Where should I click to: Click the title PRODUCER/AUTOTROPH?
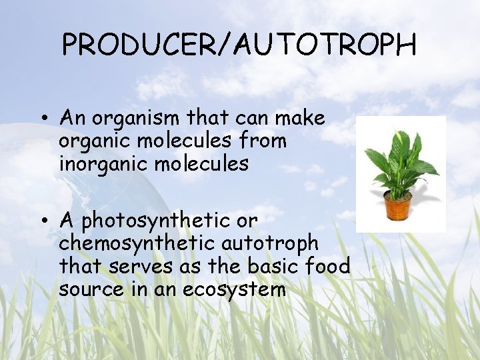(x=239, y=45)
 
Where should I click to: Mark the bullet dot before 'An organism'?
(x=43, y=120)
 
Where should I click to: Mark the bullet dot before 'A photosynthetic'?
(x=43, y=220)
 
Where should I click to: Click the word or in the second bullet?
(x=246, y=220)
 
